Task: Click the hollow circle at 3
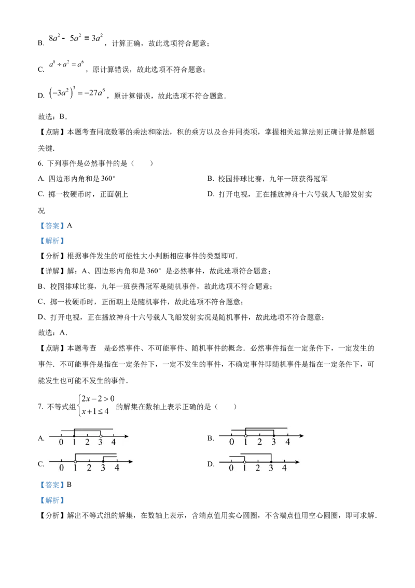(x=101, y=436)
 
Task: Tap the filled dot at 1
(x=74, y=436)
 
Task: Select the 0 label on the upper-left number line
(x=61, y=443)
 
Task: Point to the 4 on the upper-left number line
(x=114, y=443)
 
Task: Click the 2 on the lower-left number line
(x=89, y=467)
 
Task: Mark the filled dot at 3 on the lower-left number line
(x=103, y=461)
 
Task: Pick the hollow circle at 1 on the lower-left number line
(x=76, y=461)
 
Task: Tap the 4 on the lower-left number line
(x=117, y=467)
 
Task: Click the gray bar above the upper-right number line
(x=266, y=425)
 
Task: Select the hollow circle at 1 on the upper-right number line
(x=245, y=435)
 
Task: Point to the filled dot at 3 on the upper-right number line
(x=273, y=435)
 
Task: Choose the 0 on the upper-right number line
(x=231, y=443)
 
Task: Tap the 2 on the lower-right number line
(x=257, y=467)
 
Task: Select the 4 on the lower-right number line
(x=284, y=467)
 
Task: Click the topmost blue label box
(x=52, y=226)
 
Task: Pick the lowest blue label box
(x=52, y=501)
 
